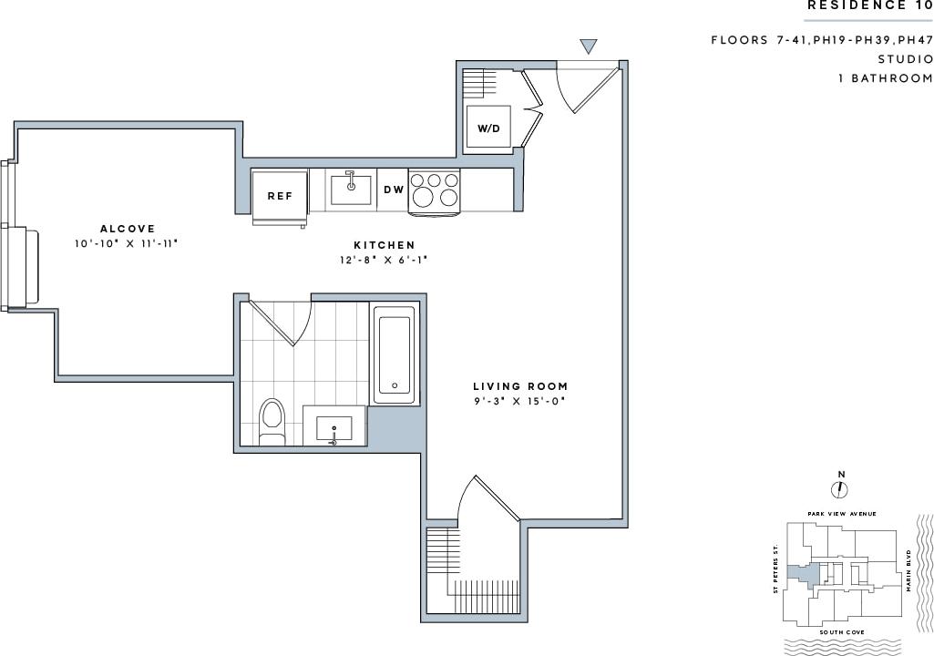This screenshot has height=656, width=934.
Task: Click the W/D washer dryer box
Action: pyautogui.click(x=489, y=128)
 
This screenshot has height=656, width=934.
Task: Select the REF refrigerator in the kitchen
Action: pyautogui.click(x=279, y=196)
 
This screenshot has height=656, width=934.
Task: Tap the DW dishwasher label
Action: pyautogui.click(x=394, y=190)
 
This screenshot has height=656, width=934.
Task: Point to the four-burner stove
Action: pyautogui.click(x=435, y=190)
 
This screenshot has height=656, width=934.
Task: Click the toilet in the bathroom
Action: pyautogui.click(x=272, y=420)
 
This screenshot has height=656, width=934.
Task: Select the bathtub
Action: pyautogui.click(x=395, y=354)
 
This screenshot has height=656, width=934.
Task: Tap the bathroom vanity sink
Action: pyautogui.click(x=334, y=428)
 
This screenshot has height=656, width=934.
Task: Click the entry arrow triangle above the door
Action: pyautogui.click(x=589, y=46)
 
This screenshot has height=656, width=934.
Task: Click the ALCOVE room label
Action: pyautogui.click(x=128, y=229)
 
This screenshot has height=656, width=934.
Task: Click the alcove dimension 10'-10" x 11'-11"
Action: pyautogui.click(x=128, y=244)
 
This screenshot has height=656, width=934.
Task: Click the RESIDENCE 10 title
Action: pyautogui.click(x=869, y=5)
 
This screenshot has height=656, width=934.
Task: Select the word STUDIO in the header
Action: pyautogui.click(x=905, y=59)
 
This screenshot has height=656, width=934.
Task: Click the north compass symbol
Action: pyautogui.click(x=840, y=489)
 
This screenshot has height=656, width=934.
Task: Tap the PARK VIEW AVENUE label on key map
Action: pyautogui.click(x=842, y=514)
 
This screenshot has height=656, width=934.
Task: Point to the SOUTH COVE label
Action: pyautogui.click(x=841, y=631)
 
